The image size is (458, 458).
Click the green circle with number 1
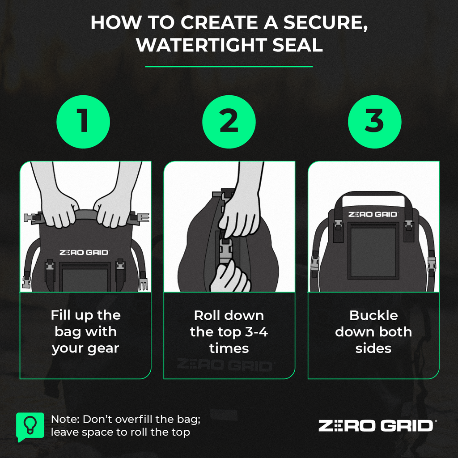[x=83, y=122]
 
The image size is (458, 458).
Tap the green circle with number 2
[x=229, y=122]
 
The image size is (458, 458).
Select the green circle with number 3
[x=375, y=122]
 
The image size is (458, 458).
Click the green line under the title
[x=229, y=67]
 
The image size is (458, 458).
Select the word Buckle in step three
[x=373, y=315]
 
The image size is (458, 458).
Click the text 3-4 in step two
[x=256, y=332]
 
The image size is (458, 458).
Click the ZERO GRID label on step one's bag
[x=84, y=252]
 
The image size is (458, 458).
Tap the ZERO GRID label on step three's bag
[x=373, y=214]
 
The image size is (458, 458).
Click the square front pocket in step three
[x=373, y=252]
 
